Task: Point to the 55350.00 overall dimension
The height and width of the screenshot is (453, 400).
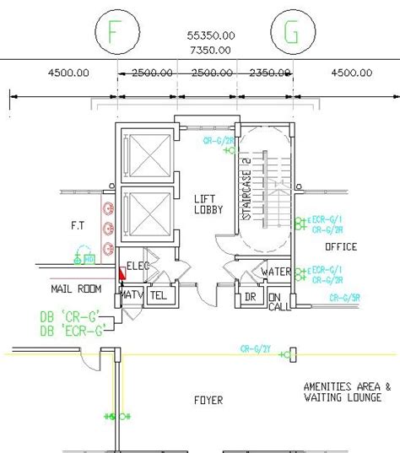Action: [x=211, y=36]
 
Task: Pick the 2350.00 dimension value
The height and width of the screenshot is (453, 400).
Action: [x=263, y=73]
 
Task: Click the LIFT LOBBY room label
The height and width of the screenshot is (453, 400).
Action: [x=208, y=204]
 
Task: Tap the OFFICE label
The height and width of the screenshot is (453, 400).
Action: [x=341, y=247]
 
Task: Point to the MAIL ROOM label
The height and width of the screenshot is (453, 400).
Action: [x=77, y=289]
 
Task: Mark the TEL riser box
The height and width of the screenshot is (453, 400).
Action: [x=159, y=296]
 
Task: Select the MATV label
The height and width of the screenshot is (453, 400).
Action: [x=132, y=295]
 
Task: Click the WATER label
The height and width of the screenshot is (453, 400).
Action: [x=276, y=272]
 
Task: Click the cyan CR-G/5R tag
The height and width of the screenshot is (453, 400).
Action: [x=345, y=297]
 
